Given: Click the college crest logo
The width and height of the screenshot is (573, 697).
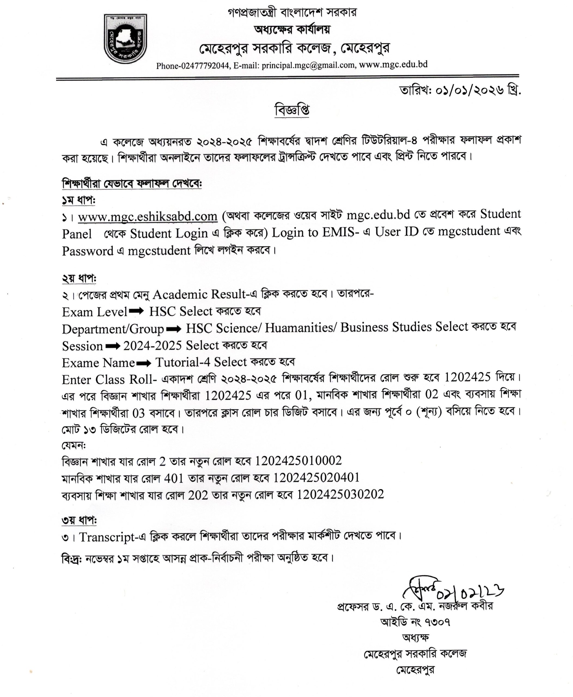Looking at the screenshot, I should pos(126,39).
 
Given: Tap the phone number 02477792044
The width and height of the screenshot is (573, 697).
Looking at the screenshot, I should pos(205,66).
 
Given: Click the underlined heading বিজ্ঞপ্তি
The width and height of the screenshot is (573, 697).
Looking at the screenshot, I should pos(292,110).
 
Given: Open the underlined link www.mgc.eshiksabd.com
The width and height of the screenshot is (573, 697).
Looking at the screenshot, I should pos(148,216).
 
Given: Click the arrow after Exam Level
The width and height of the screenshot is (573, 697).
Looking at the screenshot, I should pos(136,311).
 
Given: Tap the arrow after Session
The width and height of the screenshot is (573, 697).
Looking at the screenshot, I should pos(113,346).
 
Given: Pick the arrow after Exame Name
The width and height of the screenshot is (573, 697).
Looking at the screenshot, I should pos(144,363).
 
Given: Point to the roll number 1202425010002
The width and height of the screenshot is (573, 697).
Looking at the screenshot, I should pos(298,461).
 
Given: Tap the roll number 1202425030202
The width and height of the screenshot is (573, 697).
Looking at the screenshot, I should pos(340,494).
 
